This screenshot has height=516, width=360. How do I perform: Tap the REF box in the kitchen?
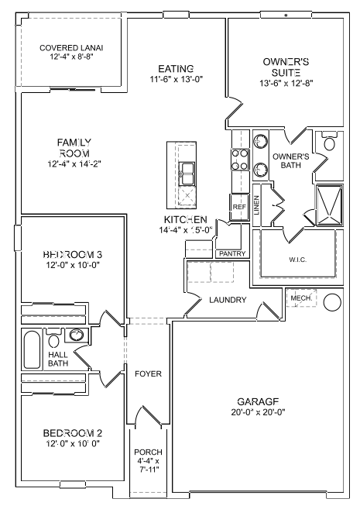coord(238,207)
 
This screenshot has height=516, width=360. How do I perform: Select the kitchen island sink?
coord(187,171)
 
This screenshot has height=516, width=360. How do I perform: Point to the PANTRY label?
coord(232,253)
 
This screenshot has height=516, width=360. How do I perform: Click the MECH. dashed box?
coord(300,298)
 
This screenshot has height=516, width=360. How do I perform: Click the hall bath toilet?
coord(53,337)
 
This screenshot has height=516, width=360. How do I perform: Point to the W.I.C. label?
coord(299,260)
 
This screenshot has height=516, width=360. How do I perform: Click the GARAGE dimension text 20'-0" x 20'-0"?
coord(258,413)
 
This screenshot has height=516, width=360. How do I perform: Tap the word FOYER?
coord(148,373)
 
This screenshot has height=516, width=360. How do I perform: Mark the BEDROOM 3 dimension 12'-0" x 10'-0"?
coord(72,266)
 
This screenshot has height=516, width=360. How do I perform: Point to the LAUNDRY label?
coord(228,300)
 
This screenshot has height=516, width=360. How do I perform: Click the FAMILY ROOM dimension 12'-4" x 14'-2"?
coord(74,163)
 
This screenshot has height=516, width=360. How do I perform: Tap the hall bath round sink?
coord(77,335)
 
